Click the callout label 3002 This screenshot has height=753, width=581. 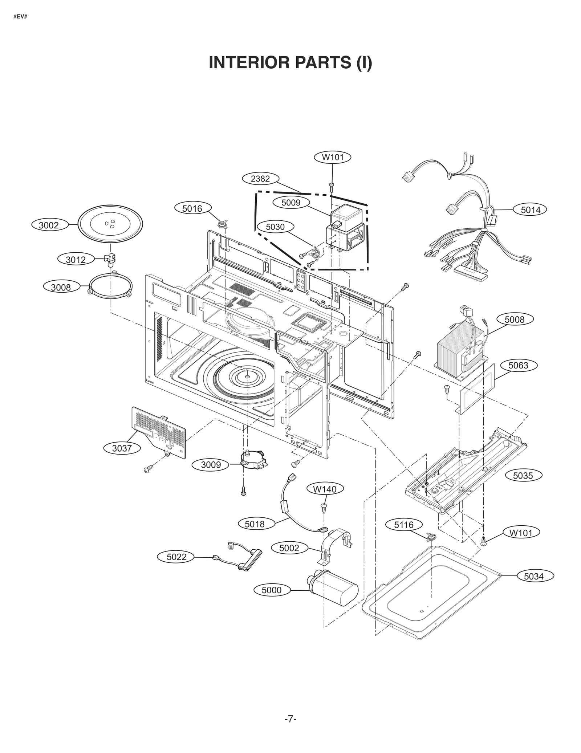pyautogui.click(x=49, y=225)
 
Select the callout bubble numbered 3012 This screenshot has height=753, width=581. pyautogui.click(x=76, y=259)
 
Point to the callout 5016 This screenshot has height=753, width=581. pyautogui.click(x=192, y=208)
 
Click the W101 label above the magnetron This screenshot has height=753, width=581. pyautogui.click(x=333, y=158)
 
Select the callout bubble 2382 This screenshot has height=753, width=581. pyautogui.click(x=260, y=179)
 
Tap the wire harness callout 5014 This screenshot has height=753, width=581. pyautogui.click(x=530, y=210)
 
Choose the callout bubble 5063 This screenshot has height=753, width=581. pyautogui.click(x=518, y=365)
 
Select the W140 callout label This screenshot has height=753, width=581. pyautogui.click(x=325, y=489)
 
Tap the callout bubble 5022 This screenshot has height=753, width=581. pyautogui.click(x=176, y=557)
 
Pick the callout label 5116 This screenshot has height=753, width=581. pyautogui.click(x=404, y=525)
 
